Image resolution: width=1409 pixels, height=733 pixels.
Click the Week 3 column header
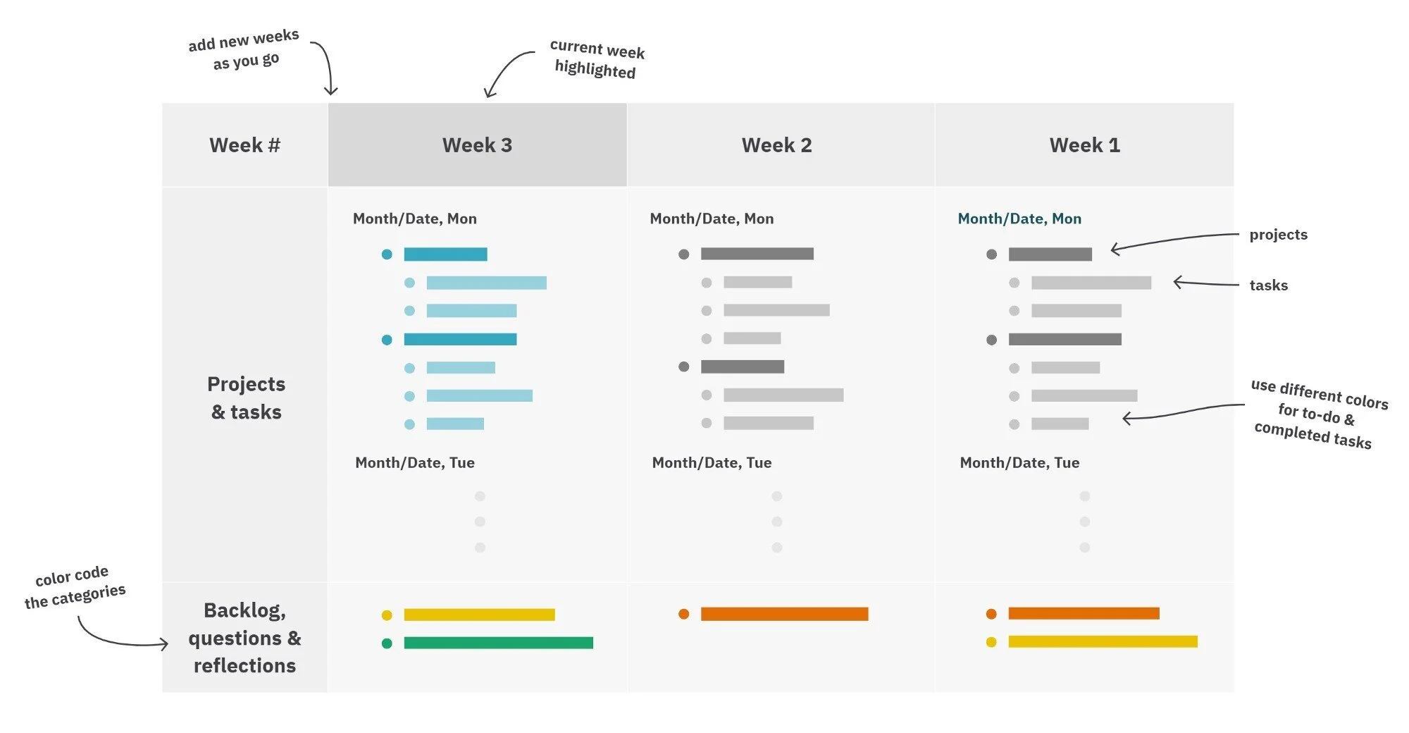477,145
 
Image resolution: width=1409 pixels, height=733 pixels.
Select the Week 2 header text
776,145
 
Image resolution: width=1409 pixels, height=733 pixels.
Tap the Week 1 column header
1084,145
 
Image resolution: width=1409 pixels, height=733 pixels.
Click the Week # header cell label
244,145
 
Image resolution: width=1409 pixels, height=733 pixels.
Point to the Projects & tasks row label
246,398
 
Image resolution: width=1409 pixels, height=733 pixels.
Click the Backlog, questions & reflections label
244,637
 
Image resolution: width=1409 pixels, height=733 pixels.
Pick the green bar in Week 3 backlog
498,643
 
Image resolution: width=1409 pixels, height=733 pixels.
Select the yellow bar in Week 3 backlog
479,615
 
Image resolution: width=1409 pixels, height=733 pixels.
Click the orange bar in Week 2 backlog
784,614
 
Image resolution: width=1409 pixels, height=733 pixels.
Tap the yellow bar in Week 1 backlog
1103,641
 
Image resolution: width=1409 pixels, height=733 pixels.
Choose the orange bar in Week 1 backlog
1084,613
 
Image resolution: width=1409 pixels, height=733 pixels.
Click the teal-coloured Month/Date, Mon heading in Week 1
1019,218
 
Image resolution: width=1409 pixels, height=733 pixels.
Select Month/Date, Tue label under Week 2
712,462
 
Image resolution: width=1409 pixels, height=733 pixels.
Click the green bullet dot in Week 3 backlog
387,643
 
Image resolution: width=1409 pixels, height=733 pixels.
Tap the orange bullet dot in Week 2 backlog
683,614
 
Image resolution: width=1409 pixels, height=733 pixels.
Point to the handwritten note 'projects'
1278,235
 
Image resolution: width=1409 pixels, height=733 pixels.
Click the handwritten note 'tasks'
1268,285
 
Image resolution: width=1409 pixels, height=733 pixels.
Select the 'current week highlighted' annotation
597,59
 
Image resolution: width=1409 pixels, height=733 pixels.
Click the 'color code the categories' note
75,586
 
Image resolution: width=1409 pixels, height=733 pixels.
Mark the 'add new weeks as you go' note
244,49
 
